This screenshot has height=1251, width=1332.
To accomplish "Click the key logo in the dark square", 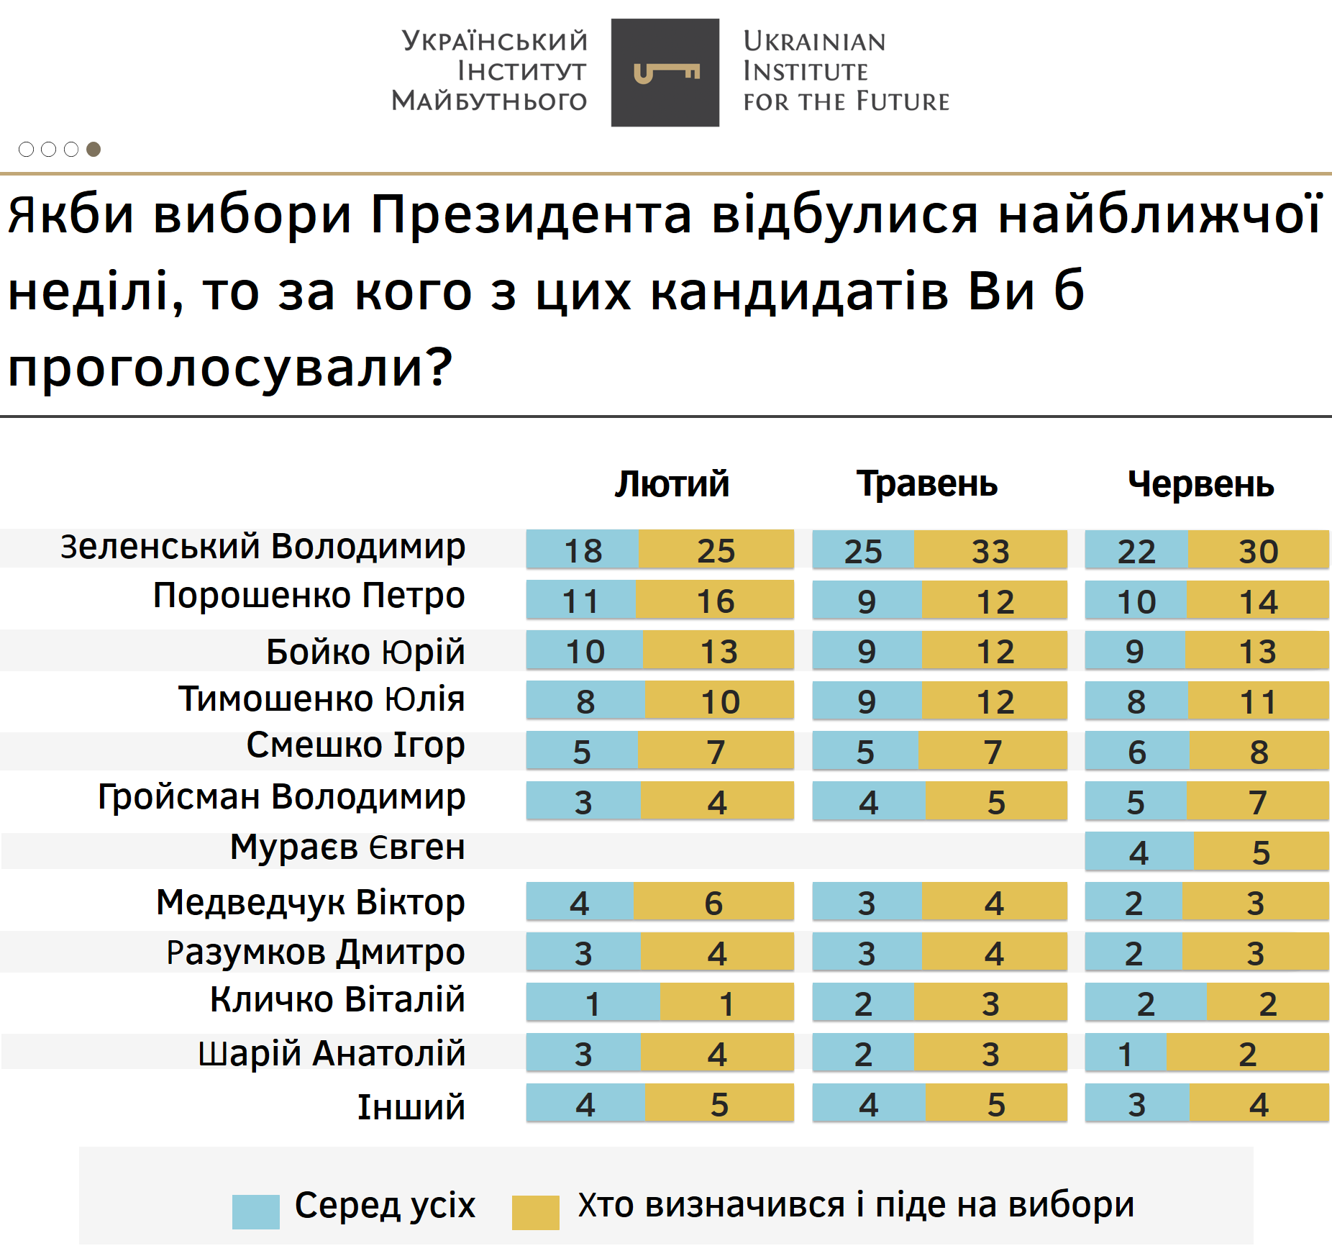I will pos(665,73).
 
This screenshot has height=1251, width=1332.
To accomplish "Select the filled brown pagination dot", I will pos(93,149).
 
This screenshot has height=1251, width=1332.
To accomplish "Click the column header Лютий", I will pos(672,483).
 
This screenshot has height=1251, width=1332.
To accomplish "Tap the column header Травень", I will pos(926,483).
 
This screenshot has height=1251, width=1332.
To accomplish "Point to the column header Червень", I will pos(1200,483).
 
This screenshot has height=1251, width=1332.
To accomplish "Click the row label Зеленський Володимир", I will pos(263,547).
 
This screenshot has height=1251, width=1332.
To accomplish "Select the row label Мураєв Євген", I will pos(347,847).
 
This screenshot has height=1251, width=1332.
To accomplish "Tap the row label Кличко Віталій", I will pos(337,1000).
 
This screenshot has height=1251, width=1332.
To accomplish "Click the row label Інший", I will pos(411,1107).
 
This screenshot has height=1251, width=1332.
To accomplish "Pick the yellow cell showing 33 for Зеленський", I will pos(990,550).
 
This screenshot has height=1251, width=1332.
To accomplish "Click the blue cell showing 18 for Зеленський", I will pos(583,550).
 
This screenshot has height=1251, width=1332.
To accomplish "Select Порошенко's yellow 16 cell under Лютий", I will pos(715,601).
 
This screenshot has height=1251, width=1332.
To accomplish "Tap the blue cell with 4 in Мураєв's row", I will pos(1139,852).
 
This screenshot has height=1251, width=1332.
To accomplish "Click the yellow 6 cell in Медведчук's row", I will pos(713,902).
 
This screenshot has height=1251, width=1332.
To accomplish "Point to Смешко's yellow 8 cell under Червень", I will pos(1259,752).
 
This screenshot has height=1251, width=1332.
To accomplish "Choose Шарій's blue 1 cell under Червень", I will pos(1126,1053).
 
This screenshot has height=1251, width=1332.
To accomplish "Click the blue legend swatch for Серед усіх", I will pos(255,1211).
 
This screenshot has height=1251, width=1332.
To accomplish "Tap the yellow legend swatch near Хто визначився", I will pos(535,1211).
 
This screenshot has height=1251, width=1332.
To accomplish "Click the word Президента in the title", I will pos(531,214).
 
